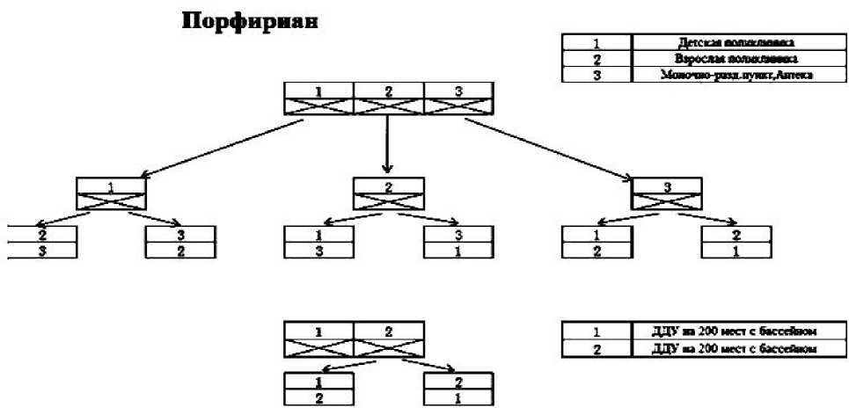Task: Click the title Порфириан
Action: pyautogui.click(x=248, y=22)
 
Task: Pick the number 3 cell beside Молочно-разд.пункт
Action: pyautogui.click(x=596, y=76)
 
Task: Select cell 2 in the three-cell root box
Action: pyautogui.click(x=388, y=91)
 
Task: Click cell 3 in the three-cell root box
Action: pyautogui.click(x=458, y=91)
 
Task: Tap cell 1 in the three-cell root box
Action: pyautogui.click(x=318, y=91)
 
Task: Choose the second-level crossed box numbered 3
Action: pyautogui.click(x=667, y=194)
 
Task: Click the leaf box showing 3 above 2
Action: pyautogui.click(x=180, y=243)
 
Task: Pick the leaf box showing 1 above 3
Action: pyautogui.click(x=318, y=243)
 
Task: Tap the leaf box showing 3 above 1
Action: pyautogui.click(x=458, y=243)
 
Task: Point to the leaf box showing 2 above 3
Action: pyautogui.click(x=42, y=243)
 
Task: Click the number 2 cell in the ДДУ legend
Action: pyautogui.click(x=596, y=349)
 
